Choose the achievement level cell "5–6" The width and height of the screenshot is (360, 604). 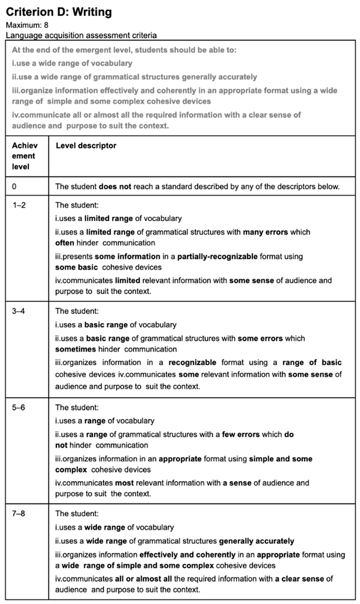click(x=19, y=408)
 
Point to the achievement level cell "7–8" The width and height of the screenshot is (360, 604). click(x=19, y=514)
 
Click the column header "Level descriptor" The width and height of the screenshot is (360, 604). click(x=86, y=145)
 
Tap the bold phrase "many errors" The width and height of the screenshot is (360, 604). click(x=265, y=232)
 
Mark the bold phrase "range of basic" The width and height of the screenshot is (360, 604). click(x=309, y=362)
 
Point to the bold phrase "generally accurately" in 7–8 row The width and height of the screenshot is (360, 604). click(x=256, y=540)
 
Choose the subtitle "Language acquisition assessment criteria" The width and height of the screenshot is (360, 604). click(x=81, y=35)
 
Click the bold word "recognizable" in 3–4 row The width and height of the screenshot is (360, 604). click(x=192, y=362)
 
